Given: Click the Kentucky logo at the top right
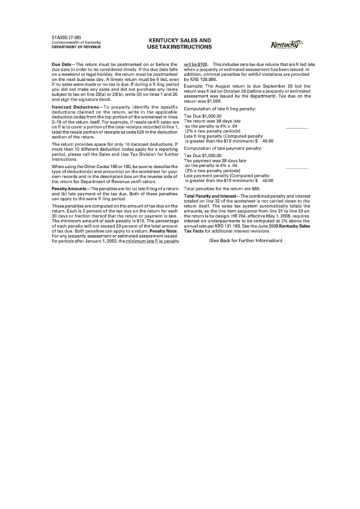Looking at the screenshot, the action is [287, 46].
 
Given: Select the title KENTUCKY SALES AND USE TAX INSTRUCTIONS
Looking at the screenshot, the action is [179, 44].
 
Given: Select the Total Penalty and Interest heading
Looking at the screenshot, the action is [213, 195].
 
